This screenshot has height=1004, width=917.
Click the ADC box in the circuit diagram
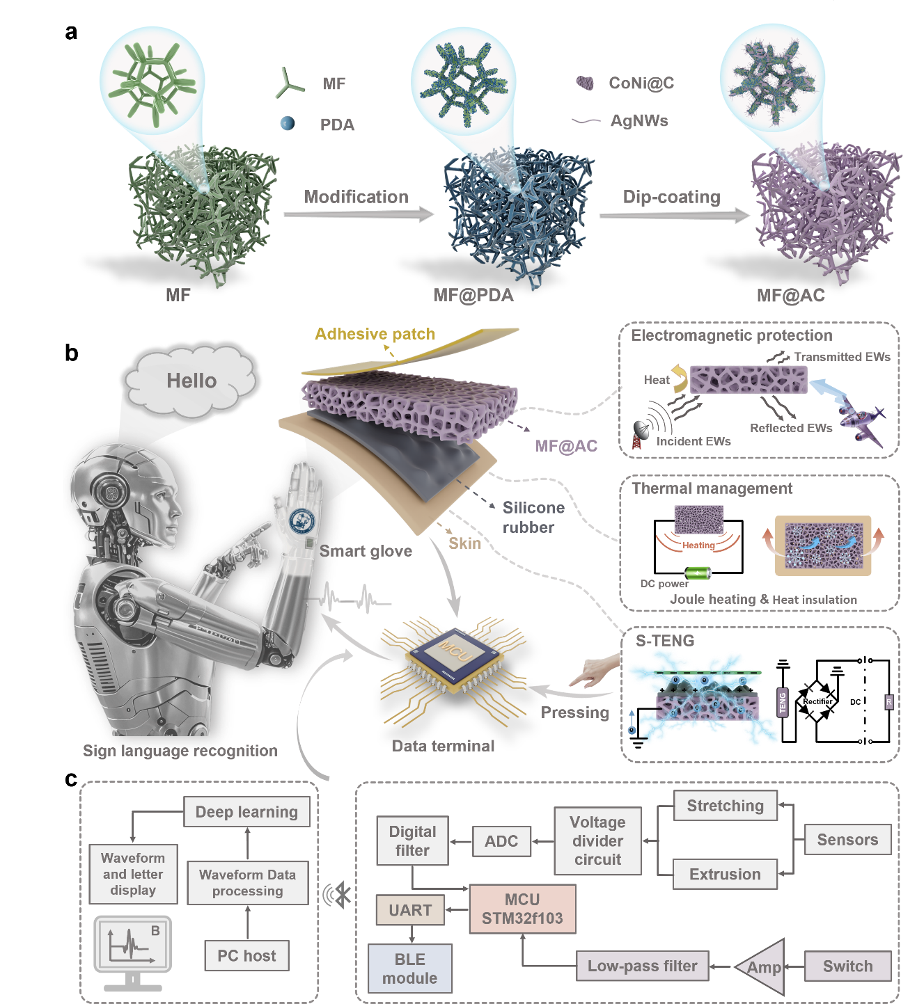(501, 841)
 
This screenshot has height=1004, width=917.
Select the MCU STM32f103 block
(522, 909)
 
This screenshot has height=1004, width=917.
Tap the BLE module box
(410, 969)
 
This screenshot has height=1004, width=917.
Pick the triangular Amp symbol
(760, 966)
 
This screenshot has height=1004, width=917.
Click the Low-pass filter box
(643, 966)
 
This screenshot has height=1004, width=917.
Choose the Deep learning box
(246, 811)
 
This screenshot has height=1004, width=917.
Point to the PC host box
(246, 955)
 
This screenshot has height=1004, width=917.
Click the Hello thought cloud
(190, 381)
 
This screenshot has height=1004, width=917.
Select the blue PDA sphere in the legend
(287, 123)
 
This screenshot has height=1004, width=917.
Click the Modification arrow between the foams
(359, 214)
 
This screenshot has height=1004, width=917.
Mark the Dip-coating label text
(671, 197)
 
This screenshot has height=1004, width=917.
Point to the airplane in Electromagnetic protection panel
(862, 421)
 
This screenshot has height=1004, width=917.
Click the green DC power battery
(698, 573)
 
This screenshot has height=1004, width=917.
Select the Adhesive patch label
(375, 334)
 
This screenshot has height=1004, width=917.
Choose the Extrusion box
(725, 874)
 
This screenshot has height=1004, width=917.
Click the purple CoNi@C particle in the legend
(585, 83)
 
